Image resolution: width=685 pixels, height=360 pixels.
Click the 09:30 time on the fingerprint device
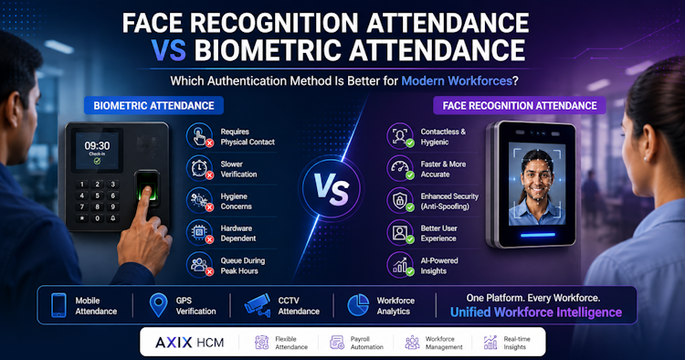coord(97,145)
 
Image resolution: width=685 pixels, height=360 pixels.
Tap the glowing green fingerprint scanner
coord(147,186)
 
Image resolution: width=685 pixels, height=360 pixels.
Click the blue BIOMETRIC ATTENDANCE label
coord(153,105)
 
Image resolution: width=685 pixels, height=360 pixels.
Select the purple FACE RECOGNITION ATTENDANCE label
coord(520,105)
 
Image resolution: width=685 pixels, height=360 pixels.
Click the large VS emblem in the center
coord(332,188)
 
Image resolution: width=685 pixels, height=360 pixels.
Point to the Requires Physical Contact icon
coord(200,136)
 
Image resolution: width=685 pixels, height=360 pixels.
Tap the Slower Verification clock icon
coord(200,168)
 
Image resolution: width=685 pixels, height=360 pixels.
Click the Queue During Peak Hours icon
coord(200,265)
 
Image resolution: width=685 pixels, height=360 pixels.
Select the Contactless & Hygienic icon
coord(400,136)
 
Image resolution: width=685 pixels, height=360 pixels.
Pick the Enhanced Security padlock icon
coord(400,200)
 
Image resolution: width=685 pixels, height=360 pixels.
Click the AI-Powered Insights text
coord(439,266)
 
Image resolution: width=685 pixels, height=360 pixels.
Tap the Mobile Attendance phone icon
coord(59,305)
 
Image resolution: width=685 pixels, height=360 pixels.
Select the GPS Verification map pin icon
coord(158,305)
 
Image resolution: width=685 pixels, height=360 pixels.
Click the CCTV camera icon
coord(258,304)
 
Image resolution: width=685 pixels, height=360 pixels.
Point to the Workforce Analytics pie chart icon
coord(358,305)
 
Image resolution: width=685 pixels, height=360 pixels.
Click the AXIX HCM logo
coord(190,343)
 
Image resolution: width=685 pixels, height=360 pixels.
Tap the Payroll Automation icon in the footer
coord(337,343)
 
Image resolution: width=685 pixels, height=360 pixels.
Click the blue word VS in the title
coord(169,50)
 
